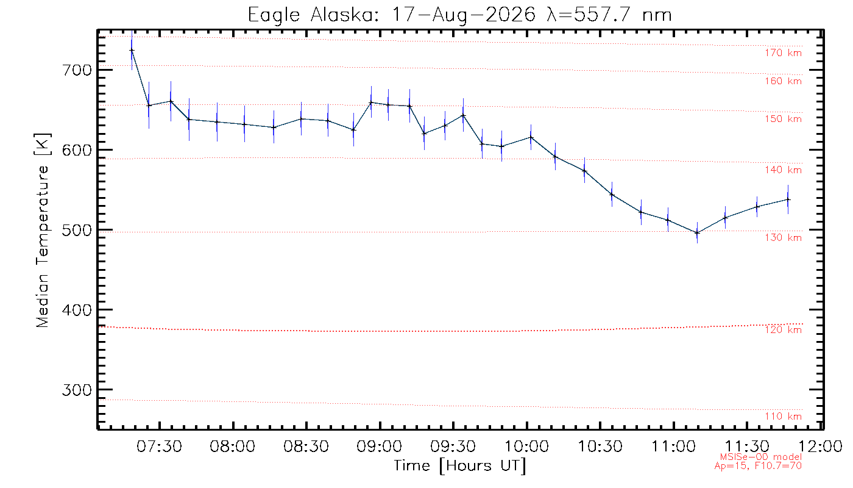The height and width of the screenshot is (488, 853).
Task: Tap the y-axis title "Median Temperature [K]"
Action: [42, 231]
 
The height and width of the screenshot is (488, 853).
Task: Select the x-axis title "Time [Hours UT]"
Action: [459, 466]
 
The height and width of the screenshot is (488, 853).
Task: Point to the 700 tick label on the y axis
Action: [77, 70]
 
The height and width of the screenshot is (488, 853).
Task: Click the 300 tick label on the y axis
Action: [77, 390]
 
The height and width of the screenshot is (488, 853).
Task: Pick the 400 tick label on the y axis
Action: [77, 310]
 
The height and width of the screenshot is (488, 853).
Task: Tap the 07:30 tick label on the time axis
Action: [159, 446]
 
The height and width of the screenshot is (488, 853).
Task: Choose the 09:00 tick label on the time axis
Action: [379, 446]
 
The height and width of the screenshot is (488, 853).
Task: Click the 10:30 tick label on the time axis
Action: [600, 446]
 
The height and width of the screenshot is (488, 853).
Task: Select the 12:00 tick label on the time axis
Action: [820, 446]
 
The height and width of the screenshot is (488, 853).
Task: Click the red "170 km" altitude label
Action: [784, 53]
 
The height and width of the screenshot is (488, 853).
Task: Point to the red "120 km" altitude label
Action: [784, 330]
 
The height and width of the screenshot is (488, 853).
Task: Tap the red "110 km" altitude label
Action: [784, 416]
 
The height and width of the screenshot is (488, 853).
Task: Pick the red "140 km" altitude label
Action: [784, 170]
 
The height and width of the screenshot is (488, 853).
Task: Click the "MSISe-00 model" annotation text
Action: [761, 457]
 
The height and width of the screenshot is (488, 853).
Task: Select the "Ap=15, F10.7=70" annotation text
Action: [758, 465]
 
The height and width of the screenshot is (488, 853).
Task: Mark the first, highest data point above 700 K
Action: [132, 50]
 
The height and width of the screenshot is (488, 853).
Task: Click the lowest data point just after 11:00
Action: [697, 232]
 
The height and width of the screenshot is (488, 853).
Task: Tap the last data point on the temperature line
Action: [788, 199]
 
